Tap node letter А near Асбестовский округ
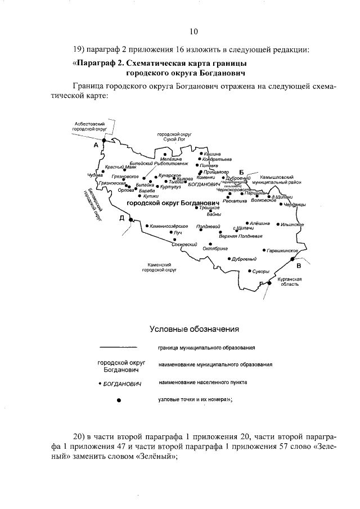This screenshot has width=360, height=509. tap(96, 145)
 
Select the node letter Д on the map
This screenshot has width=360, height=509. tap(121, 219)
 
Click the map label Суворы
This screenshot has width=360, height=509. tap(260, 271)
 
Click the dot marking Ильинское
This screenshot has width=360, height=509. tap(278, 224)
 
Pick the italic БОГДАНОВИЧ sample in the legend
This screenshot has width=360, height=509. tap(119, 383)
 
